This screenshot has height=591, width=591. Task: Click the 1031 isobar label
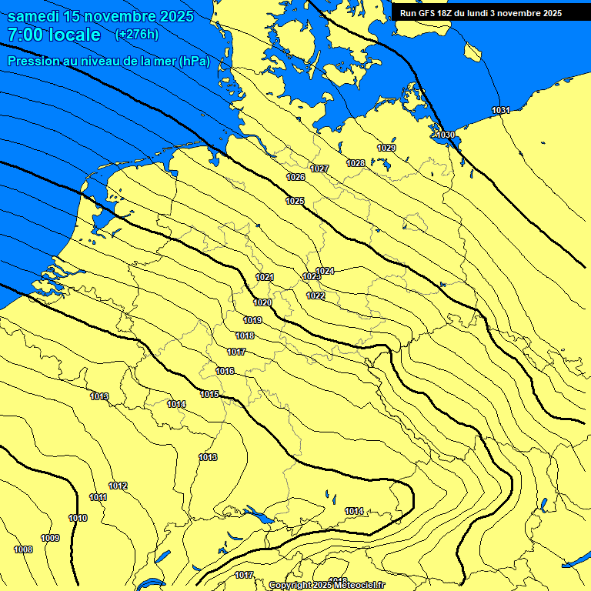500,111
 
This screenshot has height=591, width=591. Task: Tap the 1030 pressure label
446,135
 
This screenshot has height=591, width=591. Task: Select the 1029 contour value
386,148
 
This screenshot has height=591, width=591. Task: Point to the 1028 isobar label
356,163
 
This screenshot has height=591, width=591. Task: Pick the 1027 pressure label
319,169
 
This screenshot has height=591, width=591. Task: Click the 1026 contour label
295,178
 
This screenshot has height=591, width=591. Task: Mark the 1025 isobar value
295,201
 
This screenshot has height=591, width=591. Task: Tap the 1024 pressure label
325,271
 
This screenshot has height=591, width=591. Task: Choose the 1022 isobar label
316,295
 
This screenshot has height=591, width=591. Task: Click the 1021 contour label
265,277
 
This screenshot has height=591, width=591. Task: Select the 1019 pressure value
252,320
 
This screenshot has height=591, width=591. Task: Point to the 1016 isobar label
225,371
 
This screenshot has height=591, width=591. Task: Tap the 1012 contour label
118,486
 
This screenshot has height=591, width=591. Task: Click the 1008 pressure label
23,549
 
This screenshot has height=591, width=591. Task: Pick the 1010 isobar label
78,518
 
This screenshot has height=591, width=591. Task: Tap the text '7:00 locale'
54,35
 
